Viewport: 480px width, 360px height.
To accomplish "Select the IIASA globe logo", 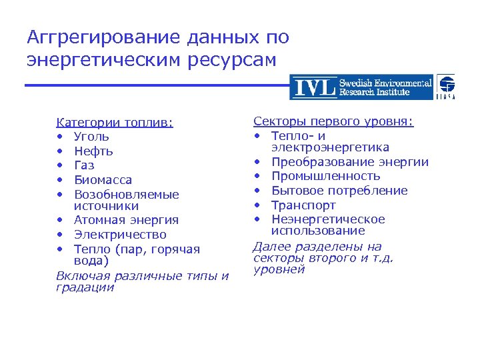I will tap(446, 87).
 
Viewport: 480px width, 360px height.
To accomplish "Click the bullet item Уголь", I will tap(92, 137).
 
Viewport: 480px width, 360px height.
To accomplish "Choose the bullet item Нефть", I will tap(93, 151).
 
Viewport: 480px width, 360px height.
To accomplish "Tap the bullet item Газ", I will tap(84, 165).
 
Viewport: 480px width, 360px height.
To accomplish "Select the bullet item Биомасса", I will tap(103, 180).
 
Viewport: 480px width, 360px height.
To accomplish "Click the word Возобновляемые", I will tap(126, 195).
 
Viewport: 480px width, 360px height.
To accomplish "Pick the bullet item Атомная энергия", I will tap(126, 220).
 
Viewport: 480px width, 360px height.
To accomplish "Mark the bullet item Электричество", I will tap(120, 235).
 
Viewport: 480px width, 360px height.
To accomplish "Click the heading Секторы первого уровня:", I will tap(333, 121).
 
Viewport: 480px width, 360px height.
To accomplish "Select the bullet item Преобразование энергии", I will tap(349, 162).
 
